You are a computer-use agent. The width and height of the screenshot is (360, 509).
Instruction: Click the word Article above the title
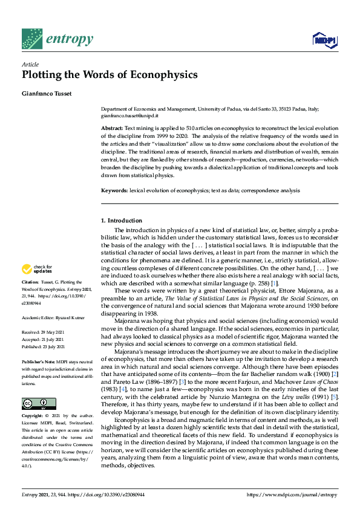(x=30, y=64)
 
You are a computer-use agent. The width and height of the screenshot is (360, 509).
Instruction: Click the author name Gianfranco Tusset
(x=50, y=93)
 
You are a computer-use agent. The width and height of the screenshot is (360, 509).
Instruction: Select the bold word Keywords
(x=114, y=190)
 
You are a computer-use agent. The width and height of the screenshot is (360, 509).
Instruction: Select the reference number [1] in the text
(x=275, y=283)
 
